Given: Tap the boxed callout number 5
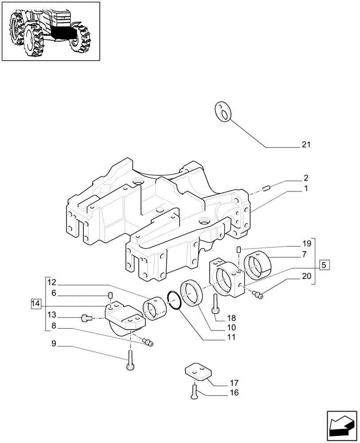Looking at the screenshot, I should [325, 265].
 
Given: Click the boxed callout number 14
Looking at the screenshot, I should [36, 304].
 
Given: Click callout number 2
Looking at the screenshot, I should [305, 179].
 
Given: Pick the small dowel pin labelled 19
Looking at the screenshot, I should [239, 250].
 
